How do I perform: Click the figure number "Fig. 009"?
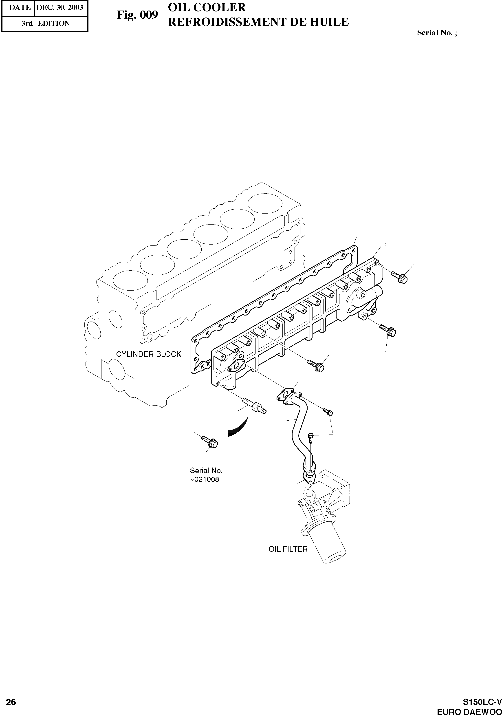(x=137, y=15)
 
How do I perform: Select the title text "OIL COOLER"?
(x=207, y=7)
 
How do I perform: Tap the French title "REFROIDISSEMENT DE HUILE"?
(x=258, y=22)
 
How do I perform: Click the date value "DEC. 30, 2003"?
(x=60, y=7)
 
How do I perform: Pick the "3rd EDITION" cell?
(x=46, y=23)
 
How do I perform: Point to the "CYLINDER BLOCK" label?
(x=149, y=354)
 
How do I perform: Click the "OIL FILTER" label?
(x=288, y=549)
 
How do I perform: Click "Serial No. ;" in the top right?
(x=437, y=33)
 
